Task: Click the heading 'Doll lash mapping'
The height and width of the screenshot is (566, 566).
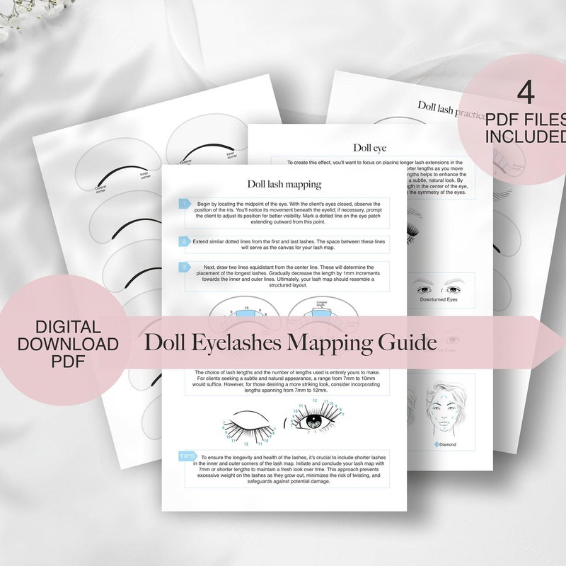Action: pos(284,184)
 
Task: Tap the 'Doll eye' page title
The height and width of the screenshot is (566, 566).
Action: pos(369,147)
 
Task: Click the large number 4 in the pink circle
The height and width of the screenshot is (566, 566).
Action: pos(524,92)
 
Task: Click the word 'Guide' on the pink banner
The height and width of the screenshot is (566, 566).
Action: pos(407,343)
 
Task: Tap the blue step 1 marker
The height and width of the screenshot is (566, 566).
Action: pos(184,204)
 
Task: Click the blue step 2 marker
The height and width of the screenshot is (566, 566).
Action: pos(184,241)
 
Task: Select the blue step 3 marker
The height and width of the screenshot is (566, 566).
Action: pos(184,267)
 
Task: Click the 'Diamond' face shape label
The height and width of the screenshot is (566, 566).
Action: pos(446,444)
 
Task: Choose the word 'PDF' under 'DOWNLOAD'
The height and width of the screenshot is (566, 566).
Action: pos(69,362)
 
